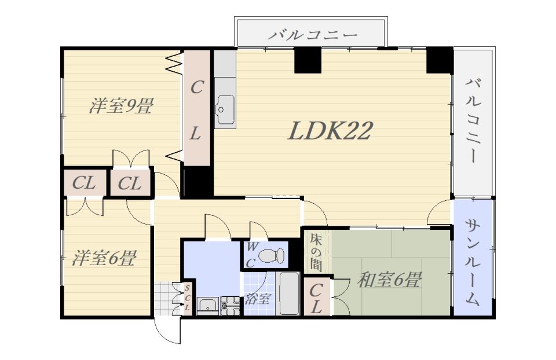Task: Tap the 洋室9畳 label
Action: [x=121, y=106]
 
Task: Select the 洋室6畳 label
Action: [x=104, y=258]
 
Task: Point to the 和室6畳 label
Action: [x=389, y=280]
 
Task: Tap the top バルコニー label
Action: [x=312, y=35]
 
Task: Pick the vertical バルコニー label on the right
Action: [x=473, y=120]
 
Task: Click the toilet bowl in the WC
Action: [x=272, y=255]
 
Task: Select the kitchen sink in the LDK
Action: [x=225, y=109]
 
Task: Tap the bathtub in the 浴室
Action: [x=289, y=293]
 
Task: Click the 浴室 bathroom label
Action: [x=257, y=300]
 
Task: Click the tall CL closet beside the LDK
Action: [x=196, y=108]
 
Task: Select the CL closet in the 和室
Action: [x=316, y=297]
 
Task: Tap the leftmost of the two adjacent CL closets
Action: [x=85, y=183]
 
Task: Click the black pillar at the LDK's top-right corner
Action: [x=440, y=60]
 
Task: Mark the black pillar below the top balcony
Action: [x=308, y=60]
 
